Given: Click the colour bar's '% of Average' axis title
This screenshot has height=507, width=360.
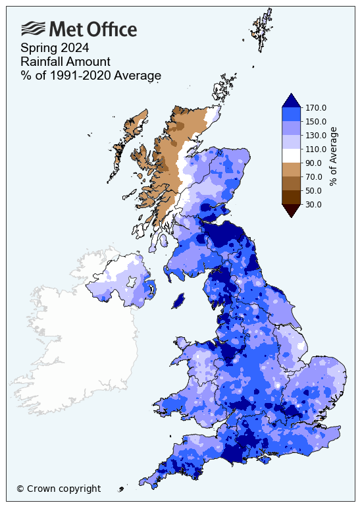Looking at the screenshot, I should pos(334,156).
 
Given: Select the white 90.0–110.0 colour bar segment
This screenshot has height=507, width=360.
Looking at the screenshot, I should pos(292,155).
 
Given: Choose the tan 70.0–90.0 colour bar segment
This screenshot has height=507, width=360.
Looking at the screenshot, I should pos(292,169).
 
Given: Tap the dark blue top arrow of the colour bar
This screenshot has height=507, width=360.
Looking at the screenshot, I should pos(292,101).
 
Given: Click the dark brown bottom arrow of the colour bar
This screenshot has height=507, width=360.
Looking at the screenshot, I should pos(292,209).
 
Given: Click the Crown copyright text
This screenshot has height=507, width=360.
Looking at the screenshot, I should pos(59,489).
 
